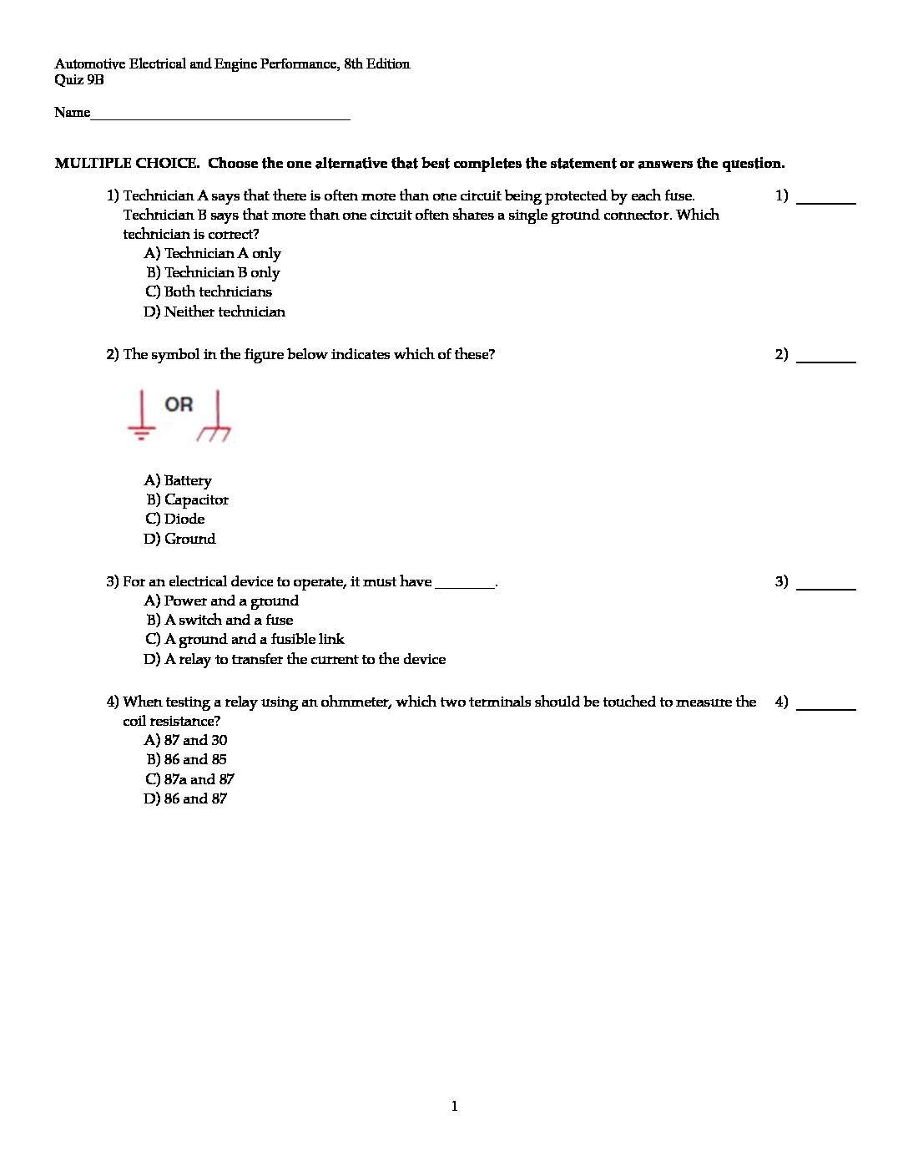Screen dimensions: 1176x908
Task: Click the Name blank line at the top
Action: click(220, 118)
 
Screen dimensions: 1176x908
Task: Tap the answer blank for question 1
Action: click(826, 201)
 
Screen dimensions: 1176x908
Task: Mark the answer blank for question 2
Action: click(826, 360)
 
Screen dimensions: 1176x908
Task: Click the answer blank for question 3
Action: click(826, 587)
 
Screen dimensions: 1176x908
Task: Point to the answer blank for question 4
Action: click(826, 707)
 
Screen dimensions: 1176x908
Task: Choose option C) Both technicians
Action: click(209, 292)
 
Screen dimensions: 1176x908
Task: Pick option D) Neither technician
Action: click(214, 312)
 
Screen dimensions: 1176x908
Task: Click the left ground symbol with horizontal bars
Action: click(142, 416)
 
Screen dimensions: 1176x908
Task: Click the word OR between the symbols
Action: click(179, 405)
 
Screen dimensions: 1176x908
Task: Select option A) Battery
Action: click(178, 481)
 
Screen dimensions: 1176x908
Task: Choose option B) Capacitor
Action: click(187, 500)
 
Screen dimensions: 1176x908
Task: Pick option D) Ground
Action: click(179, 540)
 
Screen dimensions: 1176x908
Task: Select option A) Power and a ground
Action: click(221, 601)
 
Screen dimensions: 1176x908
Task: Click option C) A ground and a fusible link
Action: click(245, 640)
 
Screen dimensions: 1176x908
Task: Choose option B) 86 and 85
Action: click(186, 760)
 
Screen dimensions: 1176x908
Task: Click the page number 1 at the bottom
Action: click(455, 1107)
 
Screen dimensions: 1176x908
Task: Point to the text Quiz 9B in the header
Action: click(79, 81)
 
